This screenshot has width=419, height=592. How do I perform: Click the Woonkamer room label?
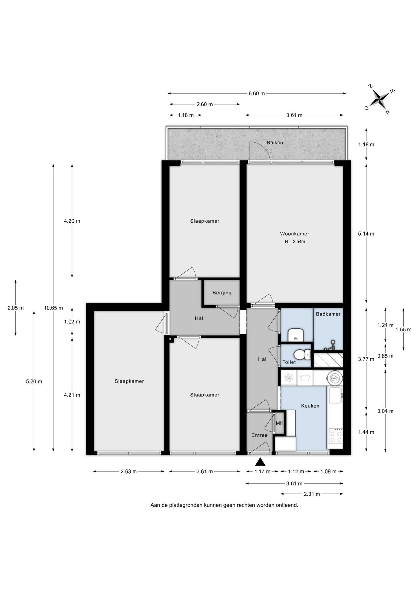click(x=294, y=234)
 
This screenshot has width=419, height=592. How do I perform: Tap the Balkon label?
click(x=275, y=143)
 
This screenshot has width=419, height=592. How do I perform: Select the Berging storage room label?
click(x=222, y=293)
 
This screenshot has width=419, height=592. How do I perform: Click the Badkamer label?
click(x=328, y=314)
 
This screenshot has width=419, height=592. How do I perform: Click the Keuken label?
click(x=310, y=406)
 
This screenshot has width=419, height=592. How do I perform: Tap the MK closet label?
click(x=279, y=423)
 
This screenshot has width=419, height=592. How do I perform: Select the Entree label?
click(x=259, y=435)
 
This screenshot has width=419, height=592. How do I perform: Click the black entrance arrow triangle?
click(x=260, y=462)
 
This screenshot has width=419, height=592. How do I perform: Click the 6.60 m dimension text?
click(x=257, y=93)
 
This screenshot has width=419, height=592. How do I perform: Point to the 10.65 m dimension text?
click(x=53, y=308)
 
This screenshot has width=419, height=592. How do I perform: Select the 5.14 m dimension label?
click(x=366, y=234)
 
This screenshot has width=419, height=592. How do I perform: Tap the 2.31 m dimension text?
click(x=312, y=494)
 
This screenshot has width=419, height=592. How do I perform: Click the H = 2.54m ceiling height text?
click(x=295, y=242)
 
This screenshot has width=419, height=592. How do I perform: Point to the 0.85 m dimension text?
click(x=385, y=356)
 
